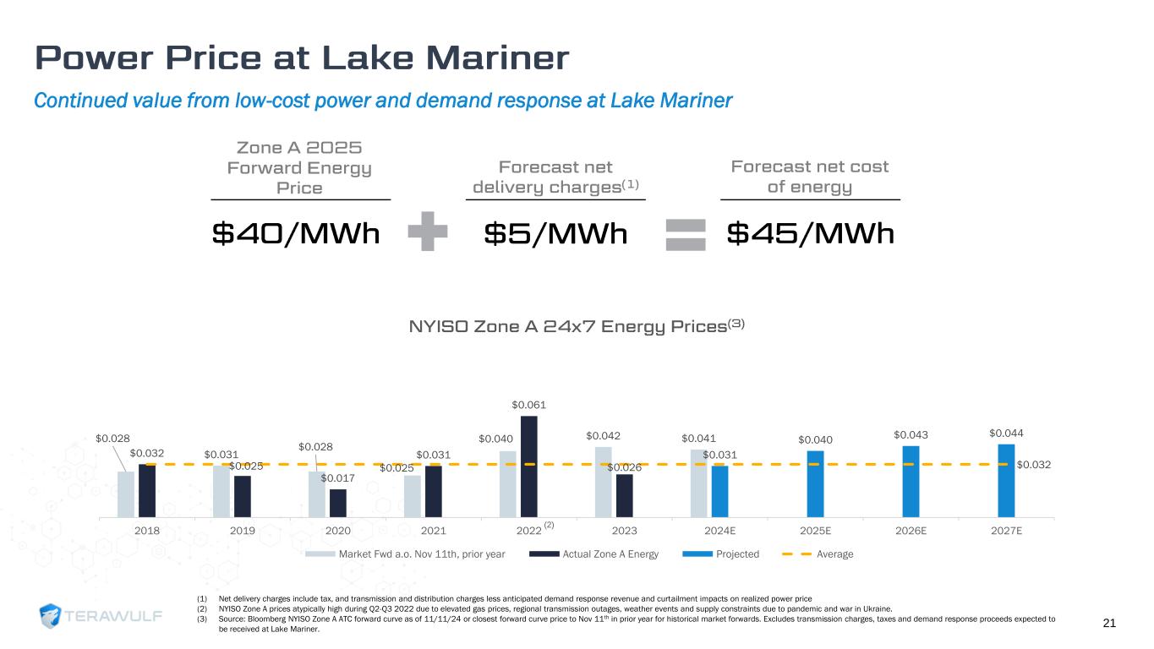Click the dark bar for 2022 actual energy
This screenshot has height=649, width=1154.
[x=529, y=466]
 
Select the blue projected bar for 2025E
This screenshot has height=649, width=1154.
[x=815, y=483]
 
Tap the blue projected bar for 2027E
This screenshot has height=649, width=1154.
[x=1006, y=480]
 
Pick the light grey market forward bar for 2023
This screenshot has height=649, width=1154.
[x=604, y=482]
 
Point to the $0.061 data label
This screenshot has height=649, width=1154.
[x=528, y=406]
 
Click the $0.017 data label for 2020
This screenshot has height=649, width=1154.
[x=336, y=478]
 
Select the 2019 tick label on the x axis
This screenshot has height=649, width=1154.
[x=243, y=530]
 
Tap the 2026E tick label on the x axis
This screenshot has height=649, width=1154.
[x=911, y=530]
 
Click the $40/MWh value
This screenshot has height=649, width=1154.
[x=295, y=233]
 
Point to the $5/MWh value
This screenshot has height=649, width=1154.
[x=555, y=233]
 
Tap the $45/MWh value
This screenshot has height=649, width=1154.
[x=810, y=233]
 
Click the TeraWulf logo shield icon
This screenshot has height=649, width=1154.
[x=52, y=616]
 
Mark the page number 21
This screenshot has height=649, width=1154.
[x=1110, y=624]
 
